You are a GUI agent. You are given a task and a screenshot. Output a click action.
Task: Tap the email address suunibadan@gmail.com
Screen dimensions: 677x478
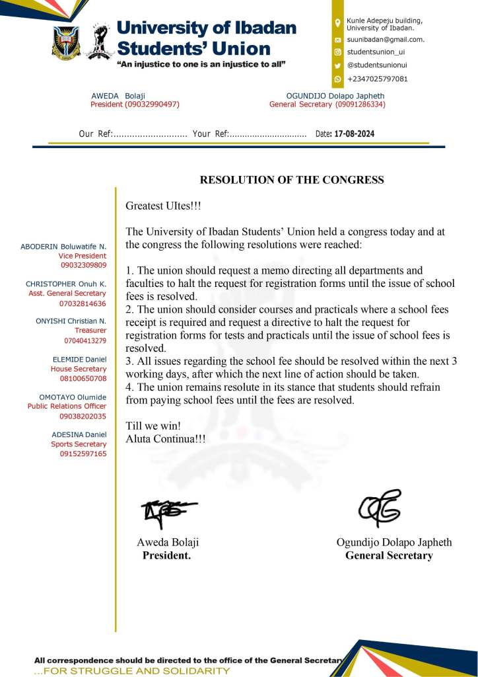tap(386, 40)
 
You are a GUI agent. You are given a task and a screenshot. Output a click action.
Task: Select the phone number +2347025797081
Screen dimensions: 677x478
tap(377, 79)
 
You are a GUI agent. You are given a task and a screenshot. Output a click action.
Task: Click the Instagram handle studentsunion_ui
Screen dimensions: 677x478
tap(376, 52)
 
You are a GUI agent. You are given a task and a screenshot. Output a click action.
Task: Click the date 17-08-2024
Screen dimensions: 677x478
tap(355, 134)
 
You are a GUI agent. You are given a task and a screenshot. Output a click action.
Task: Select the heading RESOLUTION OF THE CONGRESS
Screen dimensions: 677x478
tap(292, 180)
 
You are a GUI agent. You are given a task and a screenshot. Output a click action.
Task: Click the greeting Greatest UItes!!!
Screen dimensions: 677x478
tap(163, 206)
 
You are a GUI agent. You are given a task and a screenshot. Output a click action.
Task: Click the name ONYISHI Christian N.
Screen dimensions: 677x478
tap(71, 321)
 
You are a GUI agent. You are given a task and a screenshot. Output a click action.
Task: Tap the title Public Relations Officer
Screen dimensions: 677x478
tap(67, 407)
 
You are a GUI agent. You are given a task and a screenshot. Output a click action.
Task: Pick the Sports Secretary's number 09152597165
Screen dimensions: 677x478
tap(83, 454)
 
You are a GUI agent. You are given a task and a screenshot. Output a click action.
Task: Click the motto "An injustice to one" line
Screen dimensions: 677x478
tap(201, 64)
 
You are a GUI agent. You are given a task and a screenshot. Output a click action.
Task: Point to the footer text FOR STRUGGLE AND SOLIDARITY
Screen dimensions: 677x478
tap(132, 671)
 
